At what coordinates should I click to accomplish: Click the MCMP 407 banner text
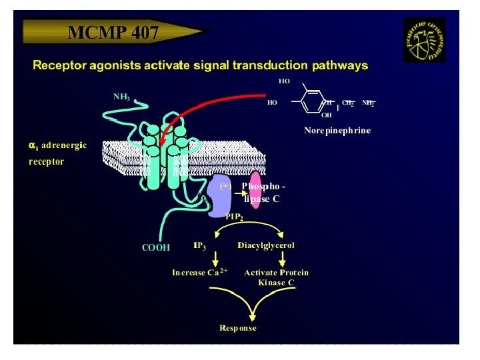113,31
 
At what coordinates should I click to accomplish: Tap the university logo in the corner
424,39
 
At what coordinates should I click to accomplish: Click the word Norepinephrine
337,131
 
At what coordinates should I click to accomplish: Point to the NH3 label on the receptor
121,97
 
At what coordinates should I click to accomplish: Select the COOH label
156,247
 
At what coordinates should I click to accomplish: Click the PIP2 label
233,217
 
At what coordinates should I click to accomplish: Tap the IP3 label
200,246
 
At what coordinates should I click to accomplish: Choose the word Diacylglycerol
266,245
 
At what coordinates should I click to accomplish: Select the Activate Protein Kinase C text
276,277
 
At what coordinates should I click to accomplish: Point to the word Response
237,328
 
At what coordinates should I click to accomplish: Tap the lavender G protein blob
219,197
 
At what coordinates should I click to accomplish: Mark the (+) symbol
225,187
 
